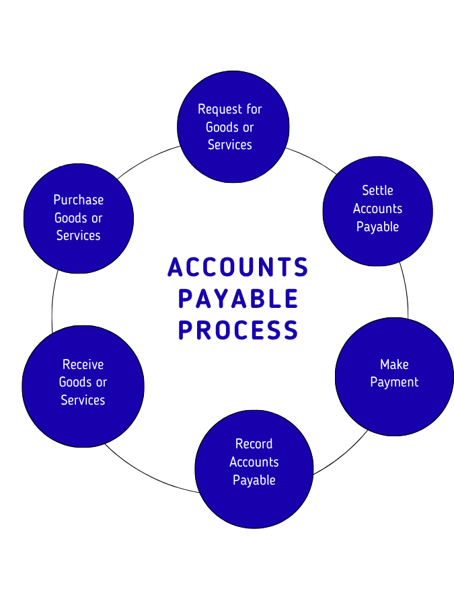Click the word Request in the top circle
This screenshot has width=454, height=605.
point(220,109)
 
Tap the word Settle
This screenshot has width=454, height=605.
point(377,190)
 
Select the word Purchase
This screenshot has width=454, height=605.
point(79,200)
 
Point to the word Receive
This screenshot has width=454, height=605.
point(83,364)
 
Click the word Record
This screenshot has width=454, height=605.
point(254,444)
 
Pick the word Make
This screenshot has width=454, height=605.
point(394,364)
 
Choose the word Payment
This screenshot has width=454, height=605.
point(394,382)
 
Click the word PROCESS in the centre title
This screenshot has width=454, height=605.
point(238,330)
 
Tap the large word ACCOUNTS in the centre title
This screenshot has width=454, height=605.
point(238,267)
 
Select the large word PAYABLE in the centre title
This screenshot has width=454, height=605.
point(238,298)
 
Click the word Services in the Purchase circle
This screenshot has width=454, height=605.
point(79,235)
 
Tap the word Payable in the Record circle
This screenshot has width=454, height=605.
point(254,480)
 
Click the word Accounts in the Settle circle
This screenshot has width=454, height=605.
point(377,208)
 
